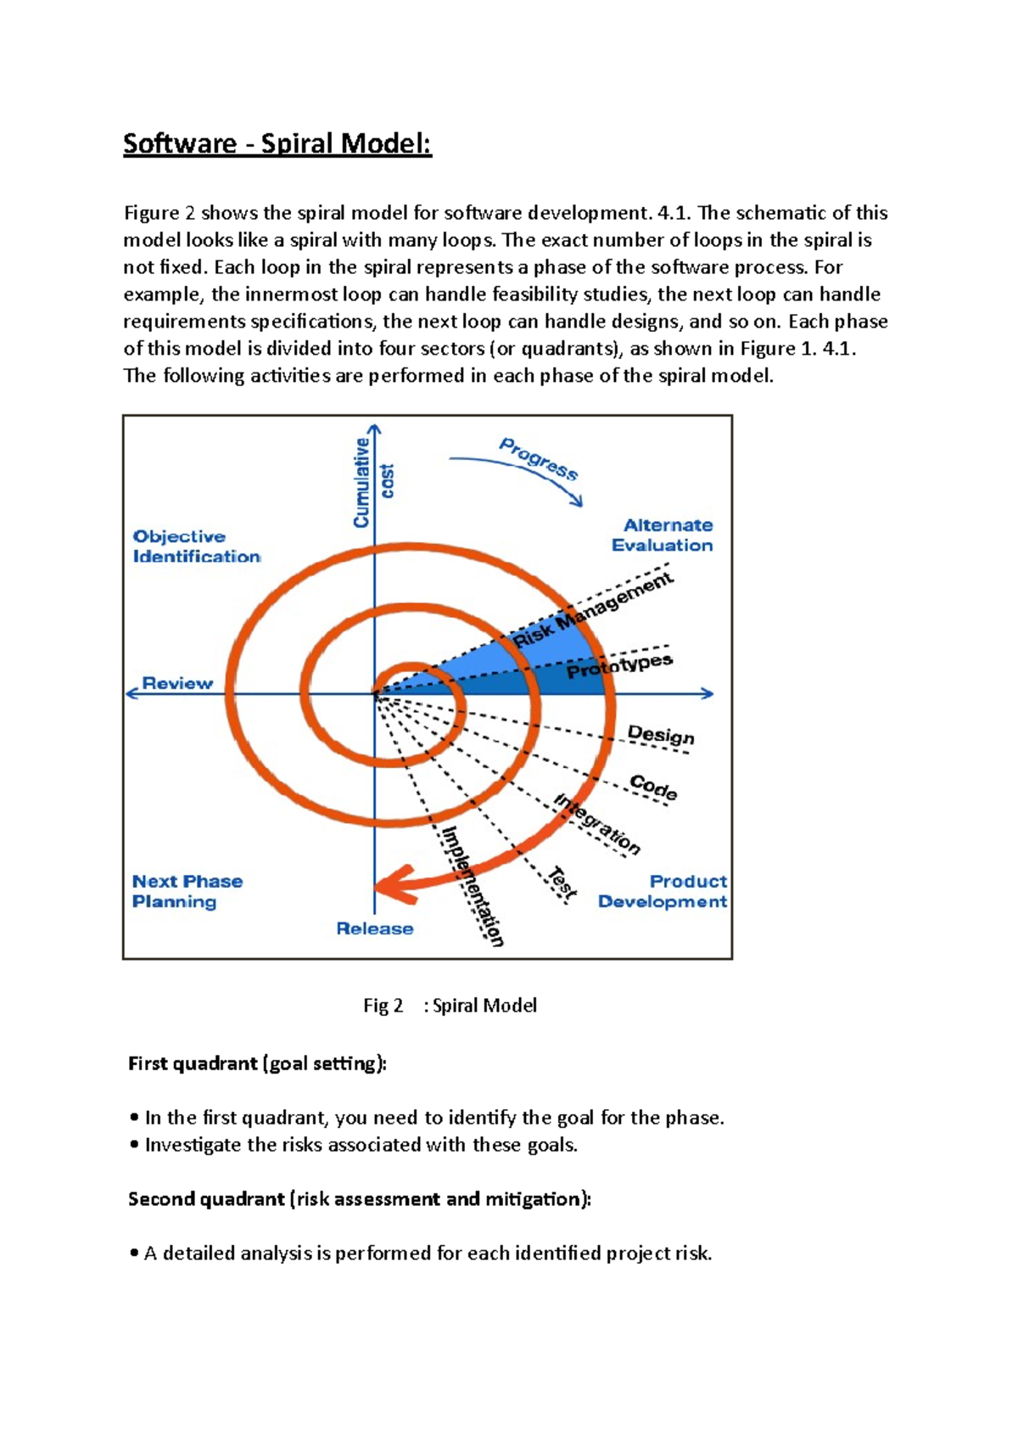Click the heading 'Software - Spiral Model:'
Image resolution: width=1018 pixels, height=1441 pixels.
[x=277, y=143]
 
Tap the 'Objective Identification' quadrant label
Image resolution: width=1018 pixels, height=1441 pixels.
[x=196, y=547]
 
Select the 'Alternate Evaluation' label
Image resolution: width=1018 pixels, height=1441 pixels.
[x=663, y=535]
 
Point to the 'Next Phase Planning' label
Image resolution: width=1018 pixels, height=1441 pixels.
[x=187, y=891]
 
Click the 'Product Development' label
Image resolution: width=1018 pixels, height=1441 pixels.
[x=663, y=891]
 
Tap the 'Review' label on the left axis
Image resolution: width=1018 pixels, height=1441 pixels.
[x=177, y=683]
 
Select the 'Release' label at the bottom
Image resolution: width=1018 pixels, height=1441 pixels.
[x=374, y=928]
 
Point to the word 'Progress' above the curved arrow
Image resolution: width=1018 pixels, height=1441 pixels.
[x=539, y=458]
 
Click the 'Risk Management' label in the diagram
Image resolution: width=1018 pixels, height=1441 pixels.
[x=593, y=609]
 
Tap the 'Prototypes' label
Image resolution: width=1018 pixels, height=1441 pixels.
[x=619, y=665]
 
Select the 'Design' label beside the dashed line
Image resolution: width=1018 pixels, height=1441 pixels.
[x=661, y=735]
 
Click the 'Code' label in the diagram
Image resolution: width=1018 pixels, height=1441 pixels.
[x=653, y=787]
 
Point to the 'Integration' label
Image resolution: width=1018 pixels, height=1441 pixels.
[x=597, y=823]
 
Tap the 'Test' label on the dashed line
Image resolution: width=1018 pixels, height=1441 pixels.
[x=562, y=883]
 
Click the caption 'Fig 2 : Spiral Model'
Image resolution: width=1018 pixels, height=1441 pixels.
[x=450, y=1006]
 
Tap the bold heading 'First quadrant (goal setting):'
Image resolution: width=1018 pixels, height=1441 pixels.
[x=257, y=1063]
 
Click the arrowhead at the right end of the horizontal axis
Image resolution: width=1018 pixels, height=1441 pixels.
[x=708, y=693]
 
